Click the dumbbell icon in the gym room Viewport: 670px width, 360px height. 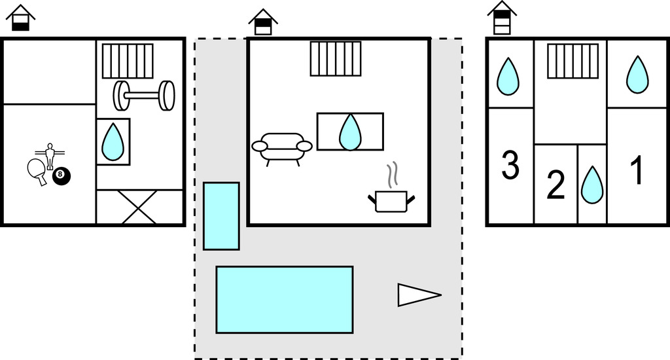144,96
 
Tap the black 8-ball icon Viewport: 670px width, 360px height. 61,175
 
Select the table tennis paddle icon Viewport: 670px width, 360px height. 38,171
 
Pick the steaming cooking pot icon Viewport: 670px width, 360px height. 391,194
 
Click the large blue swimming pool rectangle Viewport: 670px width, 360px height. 284,299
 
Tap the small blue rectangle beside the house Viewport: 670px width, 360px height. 221,216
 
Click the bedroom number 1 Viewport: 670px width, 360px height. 636,170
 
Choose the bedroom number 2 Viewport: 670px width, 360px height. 555,186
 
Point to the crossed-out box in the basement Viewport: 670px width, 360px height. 139,207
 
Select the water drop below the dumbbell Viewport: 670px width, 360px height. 113,141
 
